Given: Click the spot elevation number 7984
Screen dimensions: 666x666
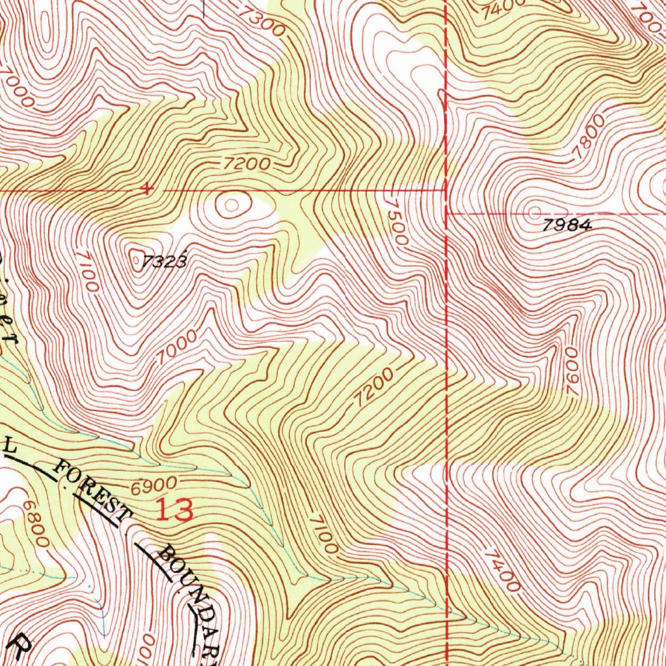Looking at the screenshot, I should click(x=567, y=226).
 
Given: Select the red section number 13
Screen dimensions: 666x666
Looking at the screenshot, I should click(x=174, y=511).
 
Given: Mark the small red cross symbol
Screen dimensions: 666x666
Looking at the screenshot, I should click(x=148, y=189).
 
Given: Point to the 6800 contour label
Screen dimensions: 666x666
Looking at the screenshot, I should click(x=34, y=523).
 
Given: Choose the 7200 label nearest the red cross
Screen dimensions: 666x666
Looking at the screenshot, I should click(x=244, y=164).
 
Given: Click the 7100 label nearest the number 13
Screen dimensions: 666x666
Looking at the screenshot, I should click(x=323, y=533).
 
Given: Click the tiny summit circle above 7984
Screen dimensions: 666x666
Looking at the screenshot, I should click(x=535, y=212).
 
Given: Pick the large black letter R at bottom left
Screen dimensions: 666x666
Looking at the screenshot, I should click(x=21, y=647).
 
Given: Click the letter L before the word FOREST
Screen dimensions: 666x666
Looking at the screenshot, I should click(x=9, y=447).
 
